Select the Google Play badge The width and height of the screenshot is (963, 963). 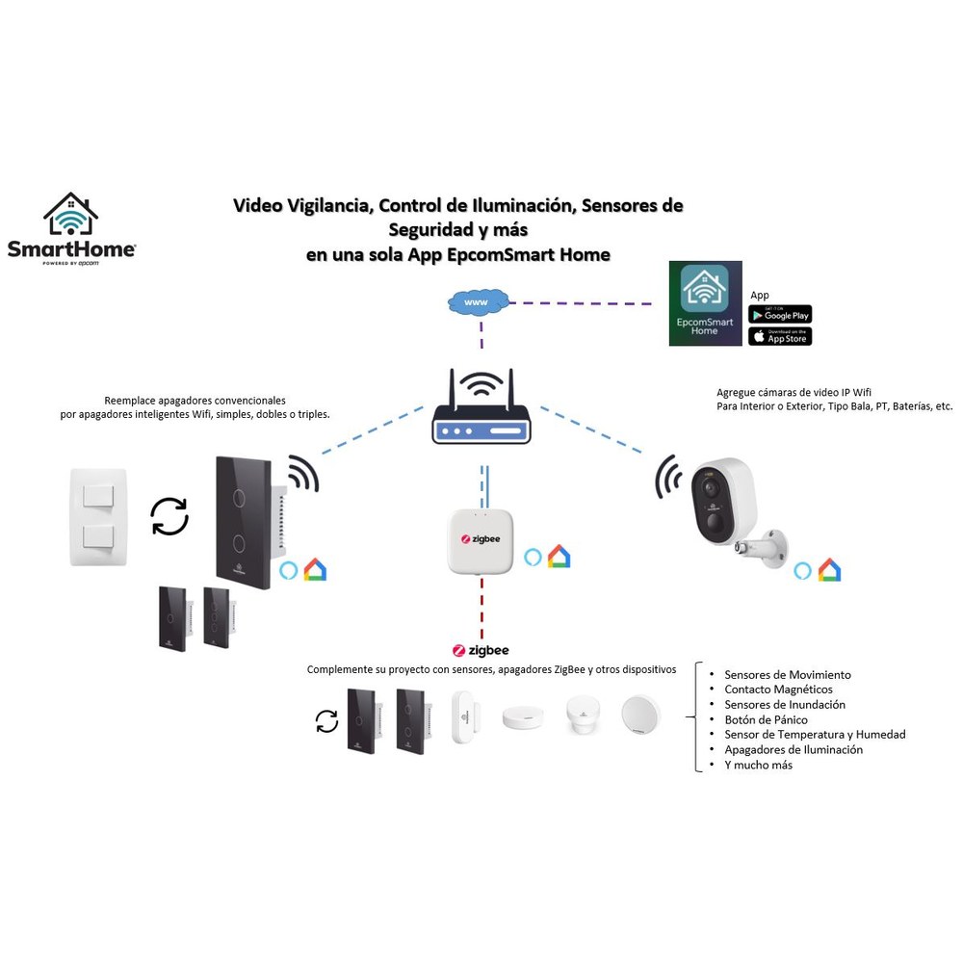click(x=780, y=315)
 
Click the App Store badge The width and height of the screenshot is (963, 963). click(x=780, y=336)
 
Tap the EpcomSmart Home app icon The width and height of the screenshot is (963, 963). click(x=705, y=303)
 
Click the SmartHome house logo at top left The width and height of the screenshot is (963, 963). click(x=71, y=229)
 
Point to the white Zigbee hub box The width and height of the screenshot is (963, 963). click(x=481, y=541)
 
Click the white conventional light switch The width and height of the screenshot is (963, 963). click(x=98, y=517)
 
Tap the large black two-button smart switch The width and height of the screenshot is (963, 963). click(x=244, y=522)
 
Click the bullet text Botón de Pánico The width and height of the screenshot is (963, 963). click(x=766, y=719)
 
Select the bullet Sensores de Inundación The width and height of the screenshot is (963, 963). click(x=785, y=705)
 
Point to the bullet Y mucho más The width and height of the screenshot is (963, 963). click(x=759, y=765)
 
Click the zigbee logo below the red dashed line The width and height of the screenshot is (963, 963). click(x=481, y=650)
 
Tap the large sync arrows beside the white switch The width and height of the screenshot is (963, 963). click(x=169, y=516)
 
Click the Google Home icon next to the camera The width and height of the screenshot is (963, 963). click(x=829, y=570)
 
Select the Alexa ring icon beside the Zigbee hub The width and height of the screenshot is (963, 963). click(x=533, y=557)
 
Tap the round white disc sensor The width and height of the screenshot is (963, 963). click(x=640, y=715)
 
